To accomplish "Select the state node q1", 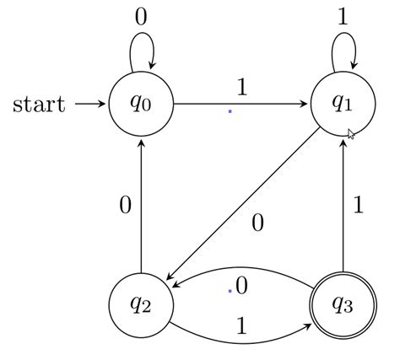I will point(343,104).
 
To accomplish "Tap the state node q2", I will point(142,304).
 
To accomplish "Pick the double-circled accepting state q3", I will point(343,304).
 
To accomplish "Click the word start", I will point(39,105).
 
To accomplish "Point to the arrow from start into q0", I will point(89,105).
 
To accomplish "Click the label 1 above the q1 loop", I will point(343,18).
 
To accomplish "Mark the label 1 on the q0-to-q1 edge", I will point(241,87).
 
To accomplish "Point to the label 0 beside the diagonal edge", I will point(258,223).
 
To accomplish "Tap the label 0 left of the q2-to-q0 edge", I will point(125,205).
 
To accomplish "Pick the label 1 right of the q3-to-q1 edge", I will point(359,205).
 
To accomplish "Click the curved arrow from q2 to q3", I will point(242,341).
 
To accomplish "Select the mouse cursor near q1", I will point(352,133).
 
